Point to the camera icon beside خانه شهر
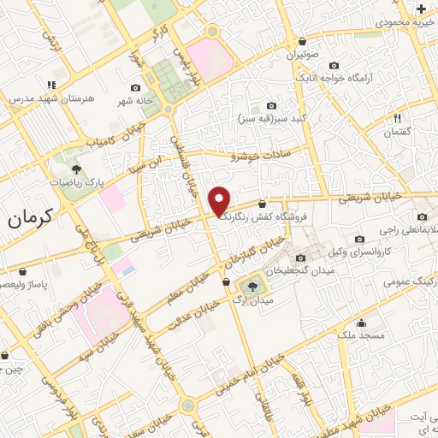[x=136, y=88]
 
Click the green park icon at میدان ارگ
[x=252, y=285]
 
